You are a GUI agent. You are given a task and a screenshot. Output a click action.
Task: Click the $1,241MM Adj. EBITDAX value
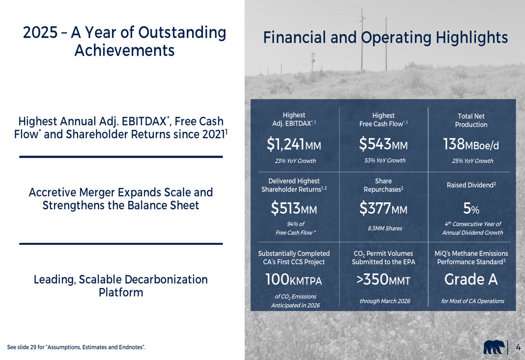point(293,143)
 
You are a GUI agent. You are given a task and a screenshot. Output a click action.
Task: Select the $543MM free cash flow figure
point(383,143)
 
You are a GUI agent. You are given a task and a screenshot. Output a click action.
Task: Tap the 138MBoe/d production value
point(471,143)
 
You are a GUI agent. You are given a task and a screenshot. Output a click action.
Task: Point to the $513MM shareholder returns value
point(293,209)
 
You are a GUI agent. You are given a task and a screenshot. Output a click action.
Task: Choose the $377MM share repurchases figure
point(383,209)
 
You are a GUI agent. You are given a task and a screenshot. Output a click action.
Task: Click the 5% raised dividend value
point(471,209)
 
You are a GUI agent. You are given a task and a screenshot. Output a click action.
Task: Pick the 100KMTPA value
point(293,280)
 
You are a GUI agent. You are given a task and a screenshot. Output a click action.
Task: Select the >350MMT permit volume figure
point(383,280)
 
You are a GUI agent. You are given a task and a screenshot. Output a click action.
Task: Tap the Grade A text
point(471,280)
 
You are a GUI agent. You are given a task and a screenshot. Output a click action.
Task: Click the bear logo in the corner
point(493,347)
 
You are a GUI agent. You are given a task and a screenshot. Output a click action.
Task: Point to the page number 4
point(518,347)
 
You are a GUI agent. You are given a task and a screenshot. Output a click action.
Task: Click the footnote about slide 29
point(76,347)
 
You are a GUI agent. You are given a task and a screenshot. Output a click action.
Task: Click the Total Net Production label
point(471,120)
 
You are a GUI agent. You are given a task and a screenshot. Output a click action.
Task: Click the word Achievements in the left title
point(124,50)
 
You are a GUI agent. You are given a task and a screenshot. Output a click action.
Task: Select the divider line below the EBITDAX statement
point(121,157)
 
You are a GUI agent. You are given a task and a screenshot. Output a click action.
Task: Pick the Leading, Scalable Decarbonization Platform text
point(121,286)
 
